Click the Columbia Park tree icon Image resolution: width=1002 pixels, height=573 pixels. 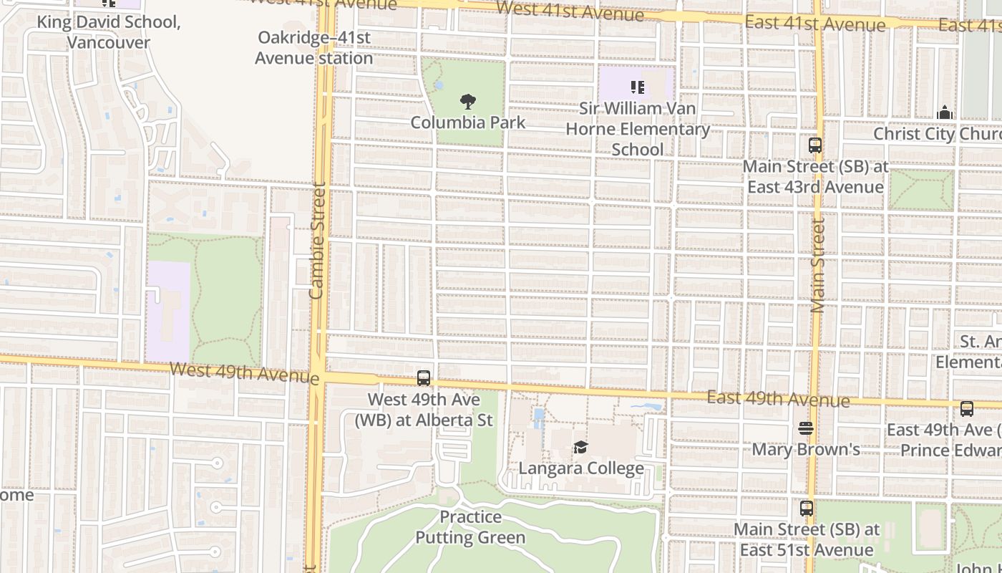(x=468, y=102)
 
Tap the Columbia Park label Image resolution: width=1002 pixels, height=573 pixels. (x=468, y=122)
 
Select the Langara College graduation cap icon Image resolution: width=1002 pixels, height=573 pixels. (x=580, y=448)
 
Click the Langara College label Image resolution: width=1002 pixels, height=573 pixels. (x=581, y=468)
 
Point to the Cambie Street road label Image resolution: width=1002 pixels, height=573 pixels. (x=317, y=241)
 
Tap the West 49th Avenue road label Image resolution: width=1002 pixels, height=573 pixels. (x=244, y=372)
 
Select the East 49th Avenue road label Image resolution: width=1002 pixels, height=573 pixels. (x=778, y=399)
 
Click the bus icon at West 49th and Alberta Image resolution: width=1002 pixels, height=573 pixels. (x=424, y=378)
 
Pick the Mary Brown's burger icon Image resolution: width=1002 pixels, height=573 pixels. (x=806, y=428)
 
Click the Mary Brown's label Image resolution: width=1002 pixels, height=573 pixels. (x=806, y=450)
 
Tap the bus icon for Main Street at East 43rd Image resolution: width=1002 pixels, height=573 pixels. (x=815, y=145)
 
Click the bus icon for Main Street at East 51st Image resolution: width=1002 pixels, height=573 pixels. (x=807, y=509)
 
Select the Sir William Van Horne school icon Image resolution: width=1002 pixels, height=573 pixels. (x=637, y=87)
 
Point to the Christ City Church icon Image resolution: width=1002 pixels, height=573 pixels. (x=945, y=112)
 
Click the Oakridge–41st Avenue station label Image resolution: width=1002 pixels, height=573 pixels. (x=314, y=47)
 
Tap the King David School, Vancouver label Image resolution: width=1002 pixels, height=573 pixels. (x=109, y=32)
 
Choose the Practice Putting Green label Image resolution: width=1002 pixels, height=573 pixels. (x=470, y=527)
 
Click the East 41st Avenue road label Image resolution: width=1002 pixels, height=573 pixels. (x=815, y=24)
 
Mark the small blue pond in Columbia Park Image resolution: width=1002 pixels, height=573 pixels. (x=439, y=86)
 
